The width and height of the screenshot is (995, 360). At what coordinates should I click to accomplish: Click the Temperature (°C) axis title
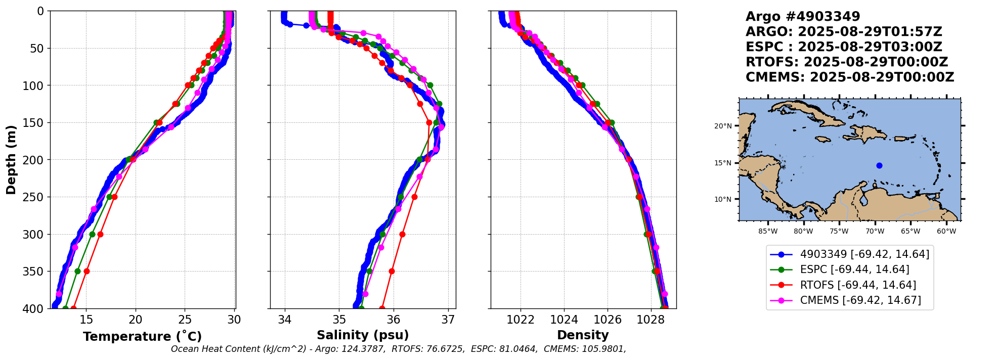click(142, 337)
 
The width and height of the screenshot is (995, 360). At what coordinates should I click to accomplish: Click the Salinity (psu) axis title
click(363, 335)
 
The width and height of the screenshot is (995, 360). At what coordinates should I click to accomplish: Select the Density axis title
click(583, 335)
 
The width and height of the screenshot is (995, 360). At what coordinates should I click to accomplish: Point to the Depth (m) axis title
click(11, 159)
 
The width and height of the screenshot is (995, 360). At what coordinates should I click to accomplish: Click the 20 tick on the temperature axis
click(136, 320)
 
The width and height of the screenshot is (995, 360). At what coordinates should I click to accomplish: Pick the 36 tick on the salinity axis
click(394, 320)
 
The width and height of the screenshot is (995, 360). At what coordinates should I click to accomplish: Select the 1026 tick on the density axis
click(607, 320)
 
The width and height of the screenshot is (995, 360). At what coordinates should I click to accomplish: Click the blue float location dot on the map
click(879, 165)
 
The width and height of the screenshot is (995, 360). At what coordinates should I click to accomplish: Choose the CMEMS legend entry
click(860, 300)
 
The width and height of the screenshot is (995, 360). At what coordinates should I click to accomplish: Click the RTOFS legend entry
click(858, 285)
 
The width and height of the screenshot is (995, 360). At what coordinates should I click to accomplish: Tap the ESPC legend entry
click(854, 269)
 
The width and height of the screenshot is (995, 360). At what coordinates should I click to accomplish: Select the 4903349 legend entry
click(864, 254)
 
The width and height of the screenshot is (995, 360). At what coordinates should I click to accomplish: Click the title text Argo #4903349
click(803, 17)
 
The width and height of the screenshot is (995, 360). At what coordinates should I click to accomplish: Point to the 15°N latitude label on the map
click(723, 163)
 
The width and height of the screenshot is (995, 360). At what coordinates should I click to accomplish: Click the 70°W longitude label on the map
click(875, 232)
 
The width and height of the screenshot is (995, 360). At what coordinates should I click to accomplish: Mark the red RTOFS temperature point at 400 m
click(73, 308)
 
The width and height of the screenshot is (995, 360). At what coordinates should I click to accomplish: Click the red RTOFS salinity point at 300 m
click(403, 234)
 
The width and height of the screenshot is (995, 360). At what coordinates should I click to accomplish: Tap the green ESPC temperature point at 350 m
click(77, 271)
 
